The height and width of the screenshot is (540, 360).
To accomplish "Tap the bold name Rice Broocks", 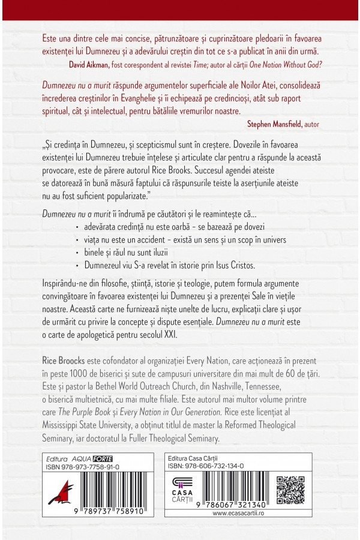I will [x=66, y=363].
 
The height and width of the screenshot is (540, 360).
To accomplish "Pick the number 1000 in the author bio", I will [x=74, y=374].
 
